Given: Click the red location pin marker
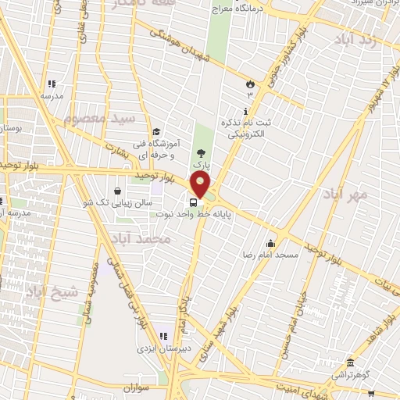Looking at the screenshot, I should coord(200,186).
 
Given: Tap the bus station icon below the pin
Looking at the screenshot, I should coord(194,202).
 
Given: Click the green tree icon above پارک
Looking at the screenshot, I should coord(202,155).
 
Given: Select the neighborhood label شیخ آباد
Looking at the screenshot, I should coord(52,293).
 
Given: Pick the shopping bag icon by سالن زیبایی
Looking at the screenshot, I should coord(117,190).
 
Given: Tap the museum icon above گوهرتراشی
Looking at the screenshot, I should coord(349,362).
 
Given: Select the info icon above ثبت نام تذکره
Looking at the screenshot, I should coord(246,112).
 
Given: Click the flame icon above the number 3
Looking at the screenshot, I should coord(250,83).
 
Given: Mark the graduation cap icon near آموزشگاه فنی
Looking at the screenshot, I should coord(156,131).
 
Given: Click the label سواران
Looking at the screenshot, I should coord(135,387).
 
